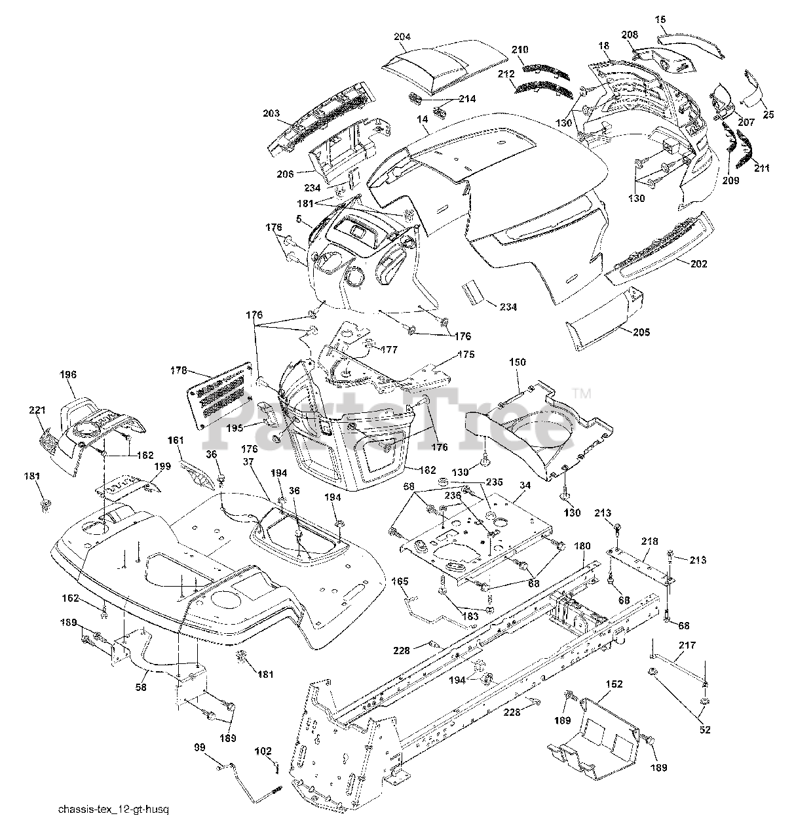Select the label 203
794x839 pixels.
coord(272,113)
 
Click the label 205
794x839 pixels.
coord(641,332)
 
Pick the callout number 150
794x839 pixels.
coord(516,362)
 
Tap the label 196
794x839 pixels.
coord(68,375)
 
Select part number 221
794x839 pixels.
coord(37,410)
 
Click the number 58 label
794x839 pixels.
coord(141,688)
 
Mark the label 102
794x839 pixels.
coord(263,752)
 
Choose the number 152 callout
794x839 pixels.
coord(614,684)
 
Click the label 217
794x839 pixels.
coord(687,646)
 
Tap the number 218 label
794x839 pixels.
coord(649,541)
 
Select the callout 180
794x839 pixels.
coord(582,545)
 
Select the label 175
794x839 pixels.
coord(466,355)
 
